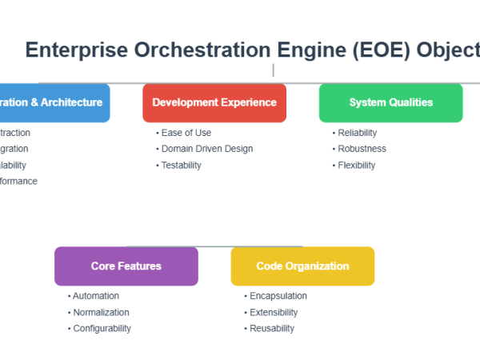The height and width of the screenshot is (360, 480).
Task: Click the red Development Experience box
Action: (214, 102)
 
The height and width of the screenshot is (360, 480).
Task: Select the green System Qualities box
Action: (390, 102)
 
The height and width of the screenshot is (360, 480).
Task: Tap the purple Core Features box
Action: (126, 266)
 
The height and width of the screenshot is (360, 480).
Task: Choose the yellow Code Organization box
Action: (302, 266)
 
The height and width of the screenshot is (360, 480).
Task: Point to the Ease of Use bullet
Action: (186, 133)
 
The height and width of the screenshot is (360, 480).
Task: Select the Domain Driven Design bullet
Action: (206, 149)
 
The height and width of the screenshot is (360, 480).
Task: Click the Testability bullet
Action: (181, 165)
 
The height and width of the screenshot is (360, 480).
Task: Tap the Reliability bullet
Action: (357, 133)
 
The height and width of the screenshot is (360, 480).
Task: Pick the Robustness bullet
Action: (362, 149)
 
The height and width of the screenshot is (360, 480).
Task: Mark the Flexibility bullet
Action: (356, 165)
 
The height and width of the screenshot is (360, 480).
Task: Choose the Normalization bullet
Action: (101, 312)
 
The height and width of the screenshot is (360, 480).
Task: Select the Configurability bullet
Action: (102, 328)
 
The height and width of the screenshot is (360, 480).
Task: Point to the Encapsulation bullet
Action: (278, 296)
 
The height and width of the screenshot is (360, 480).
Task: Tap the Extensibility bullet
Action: (274, 312)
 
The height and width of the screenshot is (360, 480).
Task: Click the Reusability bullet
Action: (272, 328)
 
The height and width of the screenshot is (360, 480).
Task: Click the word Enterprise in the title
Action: (76, 50)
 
